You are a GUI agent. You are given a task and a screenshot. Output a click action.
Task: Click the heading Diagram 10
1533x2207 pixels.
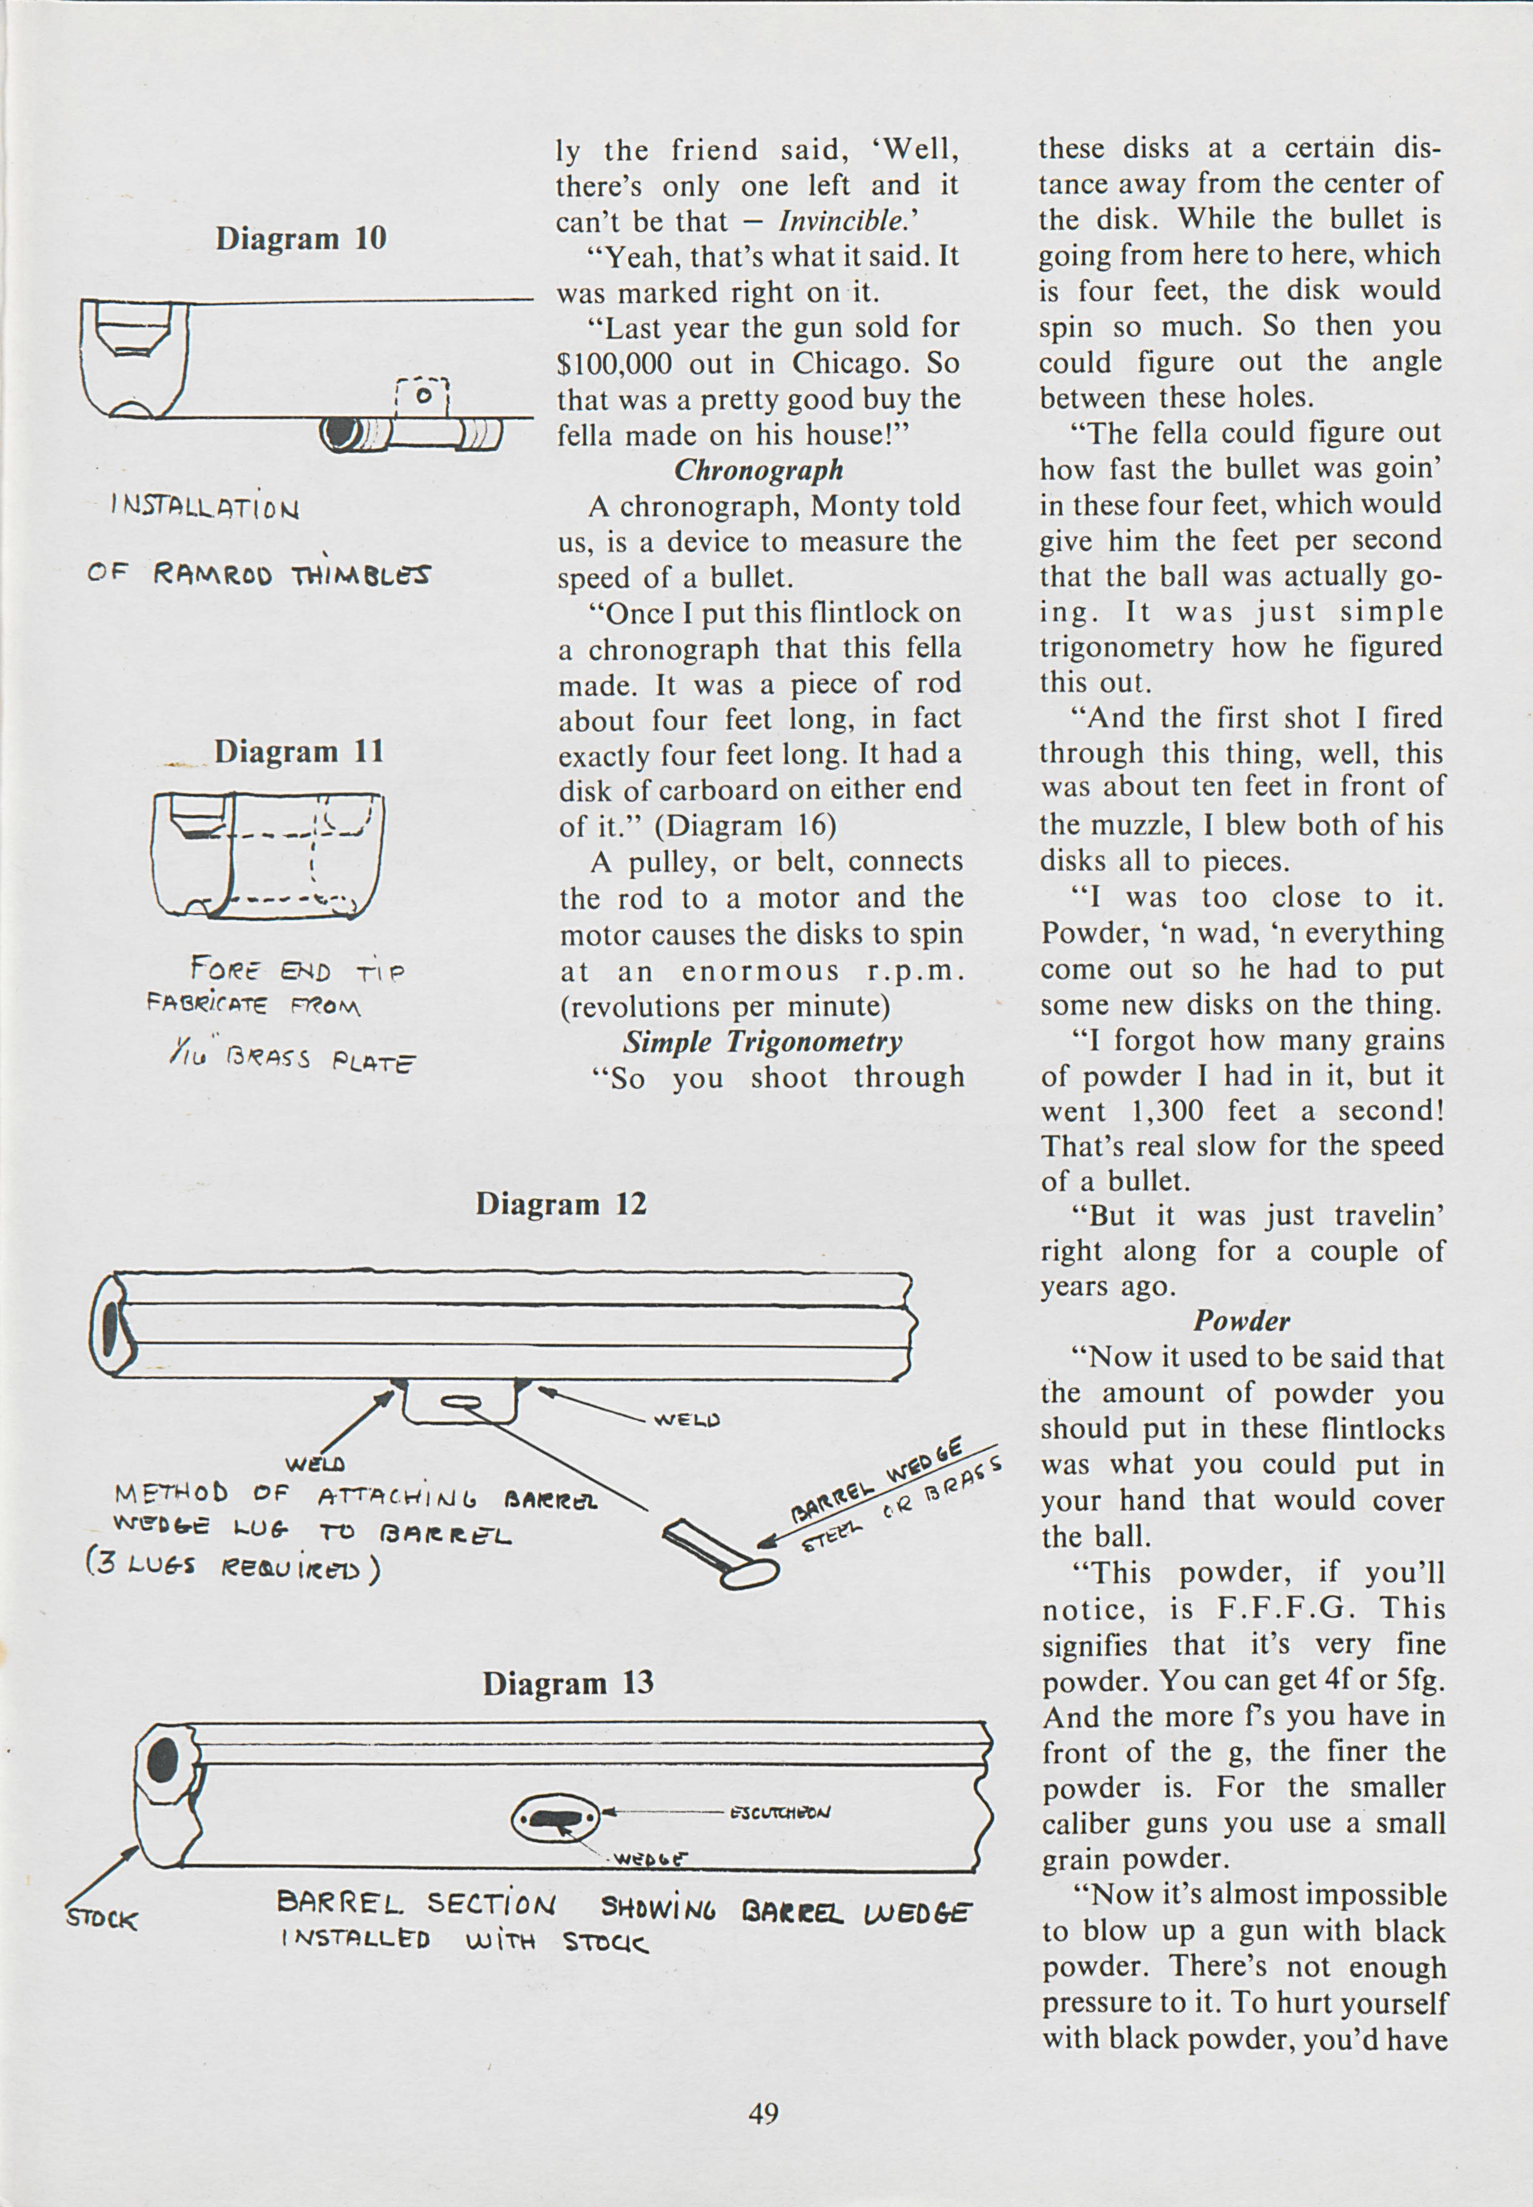(x=301, y=238)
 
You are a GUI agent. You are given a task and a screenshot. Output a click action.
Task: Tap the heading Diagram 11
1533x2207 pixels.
(x=299, y=751)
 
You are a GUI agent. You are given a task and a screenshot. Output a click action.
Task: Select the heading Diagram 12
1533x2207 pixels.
(x=561, y=1203)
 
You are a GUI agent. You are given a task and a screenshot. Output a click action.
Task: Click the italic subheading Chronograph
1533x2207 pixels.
(x=759, y=470)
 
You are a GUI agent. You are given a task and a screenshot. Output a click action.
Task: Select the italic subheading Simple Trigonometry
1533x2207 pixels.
(x=763, y=1042)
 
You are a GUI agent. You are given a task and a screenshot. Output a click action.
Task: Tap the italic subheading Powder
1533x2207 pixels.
(x=1242, y=1322)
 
